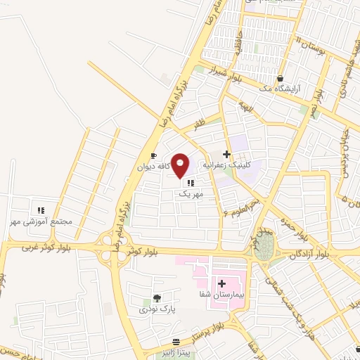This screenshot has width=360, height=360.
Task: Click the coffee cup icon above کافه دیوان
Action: point(153,156)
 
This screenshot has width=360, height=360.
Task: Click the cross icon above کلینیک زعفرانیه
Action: point(226,153)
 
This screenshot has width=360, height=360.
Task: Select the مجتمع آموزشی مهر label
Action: point(41,221)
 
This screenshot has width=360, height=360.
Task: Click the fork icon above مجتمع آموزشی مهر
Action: point(40,210)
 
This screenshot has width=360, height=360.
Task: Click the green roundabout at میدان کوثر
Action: point(264,250)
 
